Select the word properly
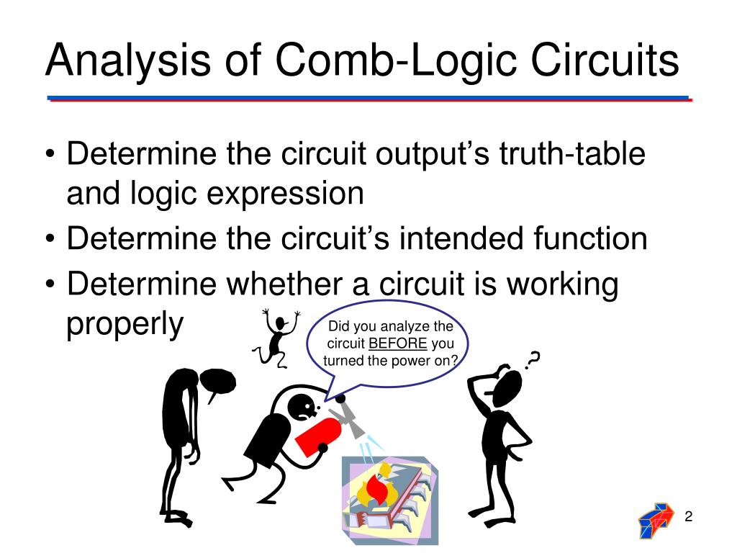pos(126,325)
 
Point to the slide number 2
pos(688,516)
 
